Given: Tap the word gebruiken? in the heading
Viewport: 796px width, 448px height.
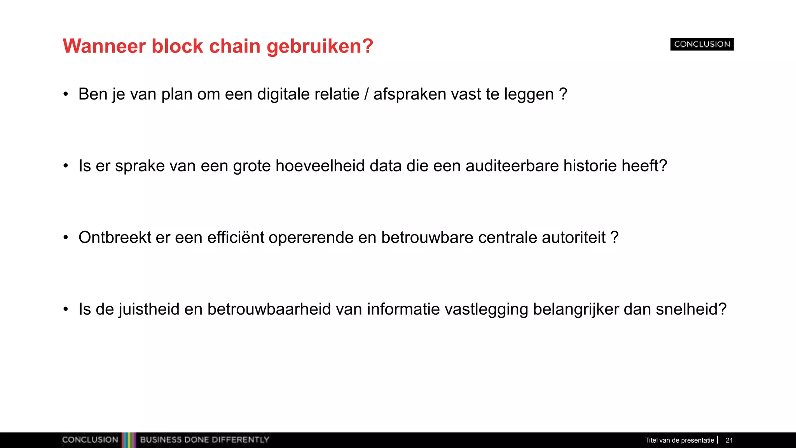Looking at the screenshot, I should click(320, 46).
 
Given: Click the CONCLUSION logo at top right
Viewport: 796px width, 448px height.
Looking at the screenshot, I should click(702, 44).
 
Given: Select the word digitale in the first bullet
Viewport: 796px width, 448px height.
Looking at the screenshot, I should click(283, 94).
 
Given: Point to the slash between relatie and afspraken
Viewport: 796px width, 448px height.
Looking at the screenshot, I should click(367, 94).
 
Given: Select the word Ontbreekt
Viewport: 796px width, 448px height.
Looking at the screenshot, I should click(115, 238).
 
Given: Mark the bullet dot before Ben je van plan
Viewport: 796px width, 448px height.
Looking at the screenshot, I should click(66, 94).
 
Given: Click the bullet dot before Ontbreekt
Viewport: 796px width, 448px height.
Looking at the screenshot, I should click(66, 238).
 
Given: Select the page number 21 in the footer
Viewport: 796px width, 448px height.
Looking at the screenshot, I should click(729, 440).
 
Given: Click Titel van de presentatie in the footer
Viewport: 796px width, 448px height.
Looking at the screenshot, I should click(679, 440).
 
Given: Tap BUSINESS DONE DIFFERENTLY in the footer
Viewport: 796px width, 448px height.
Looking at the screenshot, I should click(204, 440).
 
